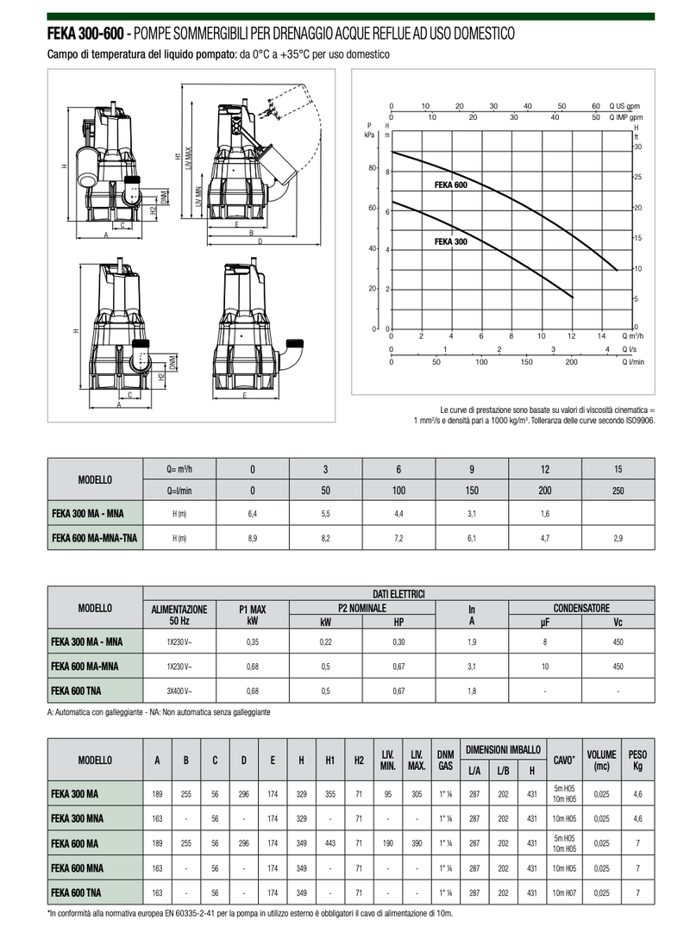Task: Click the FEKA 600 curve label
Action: point(451,185)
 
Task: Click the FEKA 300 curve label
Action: point(451,241)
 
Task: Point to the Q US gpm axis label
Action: point(624,106)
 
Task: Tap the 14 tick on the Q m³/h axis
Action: point(601,336)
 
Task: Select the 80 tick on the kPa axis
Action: point(373,168)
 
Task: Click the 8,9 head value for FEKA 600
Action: point(253,538)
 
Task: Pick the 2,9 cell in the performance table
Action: point(618,538)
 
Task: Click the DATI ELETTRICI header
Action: point(398,593)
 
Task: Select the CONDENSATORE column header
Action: point(581,608)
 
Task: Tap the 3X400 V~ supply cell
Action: point(179,692)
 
